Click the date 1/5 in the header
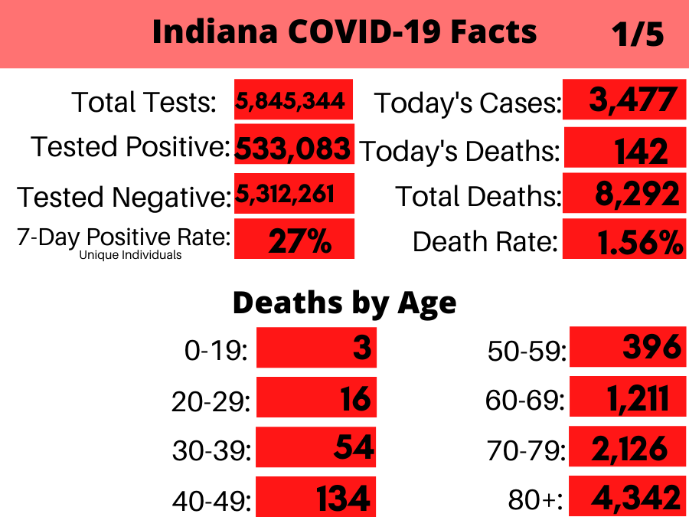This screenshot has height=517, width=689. [x=638, y=34]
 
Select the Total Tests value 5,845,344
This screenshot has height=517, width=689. [x=290, y=101]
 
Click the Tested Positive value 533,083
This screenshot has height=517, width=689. [x=293, y=148]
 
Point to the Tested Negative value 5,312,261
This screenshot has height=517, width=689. [x=286, y=194]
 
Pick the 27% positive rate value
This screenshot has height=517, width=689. [x=300, y=241]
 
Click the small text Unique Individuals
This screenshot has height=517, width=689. [x=130, y=255]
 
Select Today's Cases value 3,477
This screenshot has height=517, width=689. [x=633, y=100]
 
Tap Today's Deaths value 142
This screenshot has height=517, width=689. [x=641, y=151]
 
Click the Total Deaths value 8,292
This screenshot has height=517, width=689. [x=637, y=194]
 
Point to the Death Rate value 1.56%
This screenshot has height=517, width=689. [x=641, y=242]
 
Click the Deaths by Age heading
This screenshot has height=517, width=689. [x=344, y=303]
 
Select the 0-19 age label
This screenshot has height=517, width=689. [x=216, y=351]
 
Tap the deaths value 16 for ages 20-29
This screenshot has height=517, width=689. [x=355, y=399]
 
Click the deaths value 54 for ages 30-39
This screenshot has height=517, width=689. [x=354, y=447]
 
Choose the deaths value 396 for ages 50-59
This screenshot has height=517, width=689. [x=652, y=346]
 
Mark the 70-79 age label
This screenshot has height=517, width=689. [x=527, y=450]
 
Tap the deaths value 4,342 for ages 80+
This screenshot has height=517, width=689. [x=636, y=498]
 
